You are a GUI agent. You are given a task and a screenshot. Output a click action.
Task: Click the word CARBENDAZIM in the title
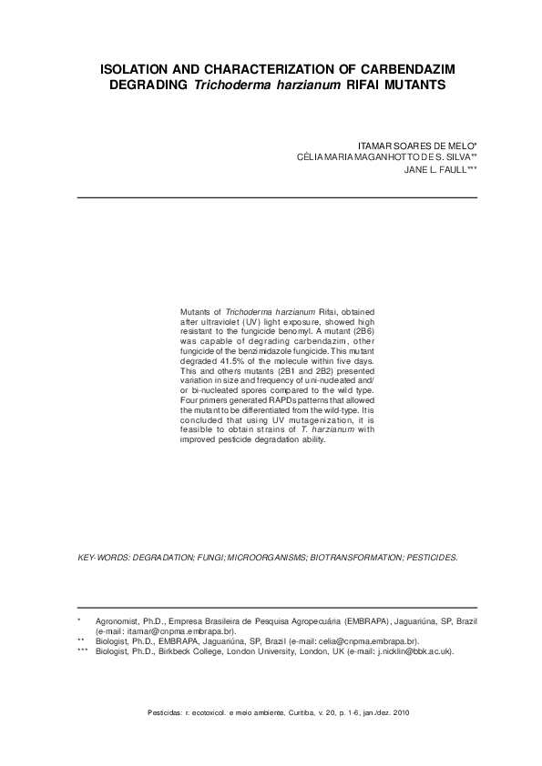pyautogui.click(x=401, y=69)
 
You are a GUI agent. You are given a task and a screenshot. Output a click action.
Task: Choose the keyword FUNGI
pyautogui.click(x=209, y=555)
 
